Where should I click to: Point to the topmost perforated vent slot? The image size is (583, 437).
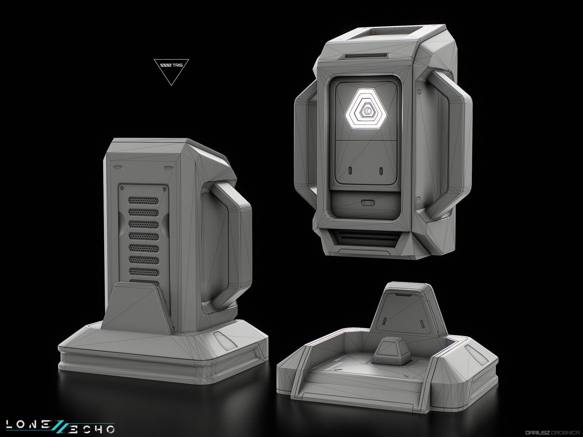(x=144, y=200)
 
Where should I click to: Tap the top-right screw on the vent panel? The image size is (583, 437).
(x=164, y=189)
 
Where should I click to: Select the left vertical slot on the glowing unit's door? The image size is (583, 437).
(x=350, y=171)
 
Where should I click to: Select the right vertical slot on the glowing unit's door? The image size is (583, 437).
(x=381, y=171)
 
